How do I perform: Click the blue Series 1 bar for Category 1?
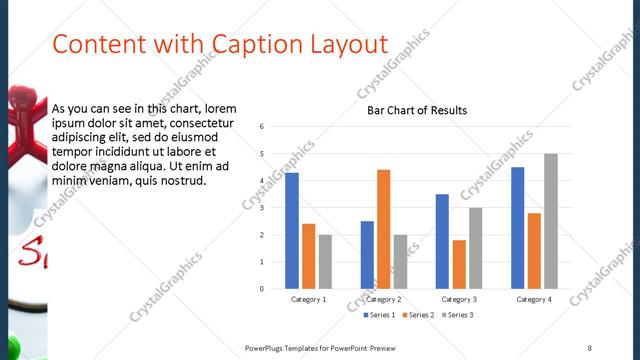pos(292,231)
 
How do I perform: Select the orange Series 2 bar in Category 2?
pos(384,229)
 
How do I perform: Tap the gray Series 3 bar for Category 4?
pos(551,221)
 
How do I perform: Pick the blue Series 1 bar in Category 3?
pos(442,241)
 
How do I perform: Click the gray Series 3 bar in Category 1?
pos(326,261)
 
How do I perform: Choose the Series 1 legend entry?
pos(379,315)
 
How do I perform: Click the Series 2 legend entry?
pos(419,315)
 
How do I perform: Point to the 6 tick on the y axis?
pos(260,127)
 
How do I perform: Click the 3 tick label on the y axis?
pos(260,208)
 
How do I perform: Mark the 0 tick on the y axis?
pos(260,289)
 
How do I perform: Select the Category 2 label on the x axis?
pos(383,299)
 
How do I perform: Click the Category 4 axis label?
pos(533,299)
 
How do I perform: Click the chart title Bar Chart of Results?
pos(418,110)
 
